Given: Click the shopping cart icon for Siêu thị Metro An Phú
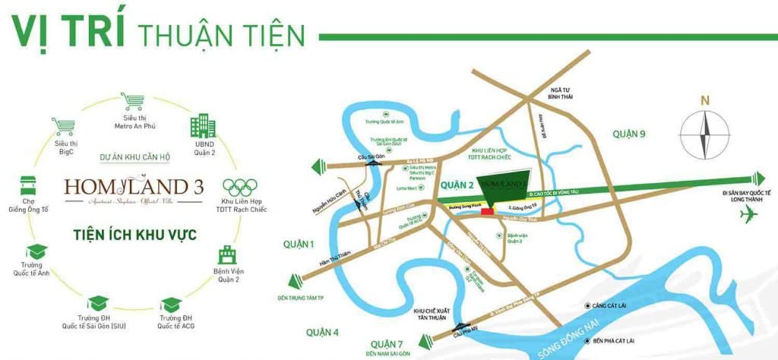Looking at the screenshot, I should [x=132, y=102].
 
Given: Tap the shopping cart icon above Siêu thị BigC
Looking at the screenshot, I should [x=62, y=126].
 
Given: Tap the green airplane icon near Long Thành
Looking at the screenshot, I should [x=751, y=216].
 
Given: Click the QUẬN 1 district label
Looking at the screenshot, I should [x=299, y=245].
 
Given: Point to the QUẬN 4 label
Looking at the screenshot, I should [x=323, y=332].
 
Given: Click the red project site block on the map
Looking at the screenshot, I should [x=486, y=213].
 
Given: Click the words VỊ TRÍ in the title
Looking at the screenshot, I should [x=68, y=33].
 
